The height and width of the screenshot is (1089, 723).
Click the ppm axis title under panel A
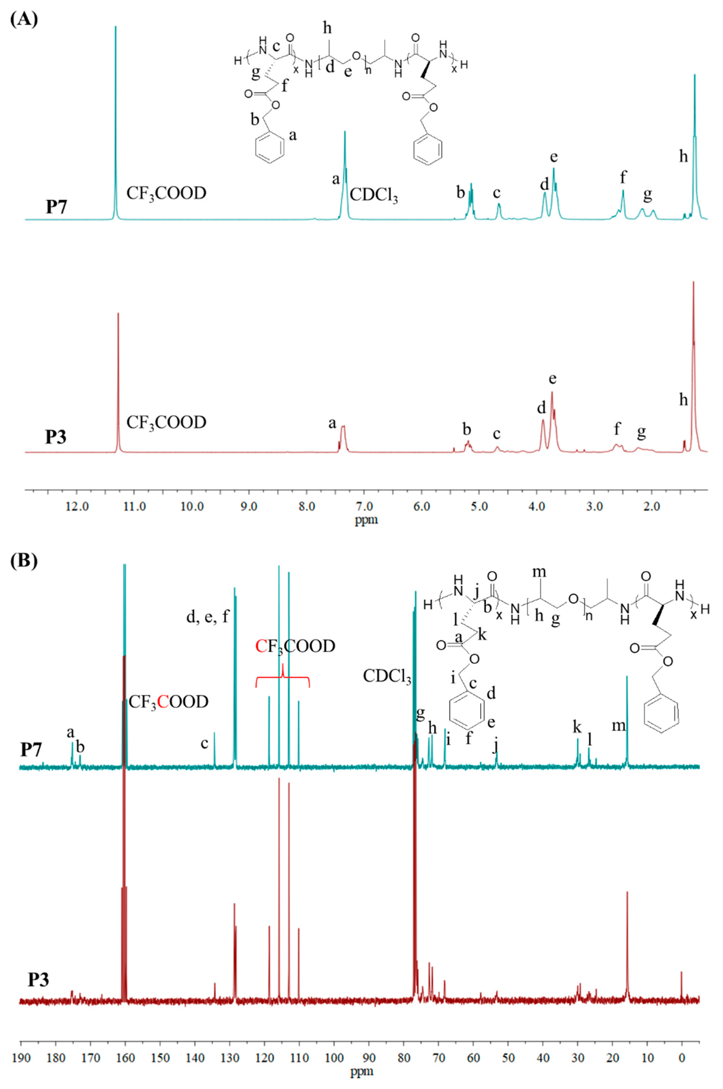366,521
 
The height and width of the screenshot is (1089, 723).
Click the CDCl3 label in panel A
374,195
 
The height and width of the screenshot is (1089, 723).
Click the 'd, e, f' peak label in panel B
207,617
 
